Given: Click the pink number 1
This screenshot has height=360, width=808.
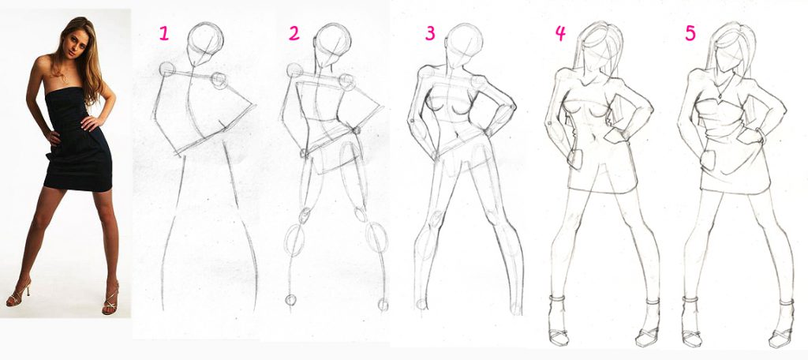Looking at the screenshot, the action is (163, 33).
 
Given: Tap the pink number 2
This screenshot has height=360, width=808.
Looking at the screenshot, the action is (294, 33).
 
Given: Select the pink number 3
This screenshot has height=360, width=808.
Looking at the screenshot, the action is (430, 33).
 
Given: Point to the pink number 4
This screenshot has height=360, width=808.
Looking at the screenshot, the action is (560, 33).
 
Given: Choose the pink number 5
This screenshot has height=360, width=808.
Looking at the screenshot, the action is (690, 33).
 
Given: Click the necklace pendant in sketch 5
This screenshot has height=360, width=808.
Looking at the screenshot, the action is (718, 95).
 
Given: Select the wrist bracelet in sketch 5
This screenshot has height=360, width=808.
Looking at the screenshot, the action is (760, 136).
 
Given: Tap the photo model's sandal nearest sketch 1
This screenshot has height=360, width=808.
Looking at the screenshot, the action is (110, 299).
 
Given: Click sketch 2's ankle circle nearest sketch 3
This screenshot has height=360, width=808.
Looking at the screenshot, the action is (383, 304).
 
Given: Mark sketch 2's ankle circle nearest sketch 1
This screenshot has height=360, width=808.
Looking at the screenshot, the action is (291, 300).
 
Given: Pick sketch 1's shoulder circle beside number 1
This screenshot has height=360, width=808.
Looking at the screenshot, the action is (167, 69).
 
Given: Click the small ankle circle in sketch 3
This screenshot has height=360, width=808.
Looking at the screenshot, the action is (422, 304).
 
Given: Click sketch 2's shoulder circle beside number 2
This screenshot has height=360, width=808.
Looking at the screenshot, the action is (294, 70).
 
